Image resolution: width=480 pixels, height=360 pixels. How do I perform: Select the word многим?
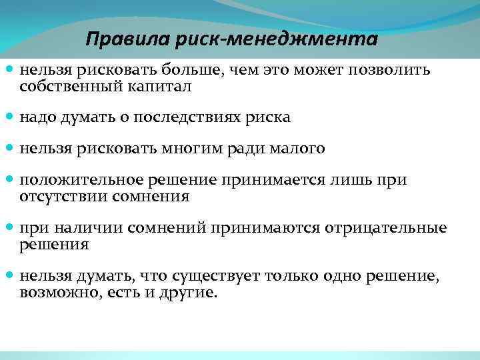tap(192, 149)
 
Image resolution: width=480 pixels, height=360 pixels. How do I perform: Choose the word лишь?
tap(365, 181)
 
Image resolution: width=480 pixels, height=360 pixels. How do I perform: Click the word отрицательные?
tap(385, 228)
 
